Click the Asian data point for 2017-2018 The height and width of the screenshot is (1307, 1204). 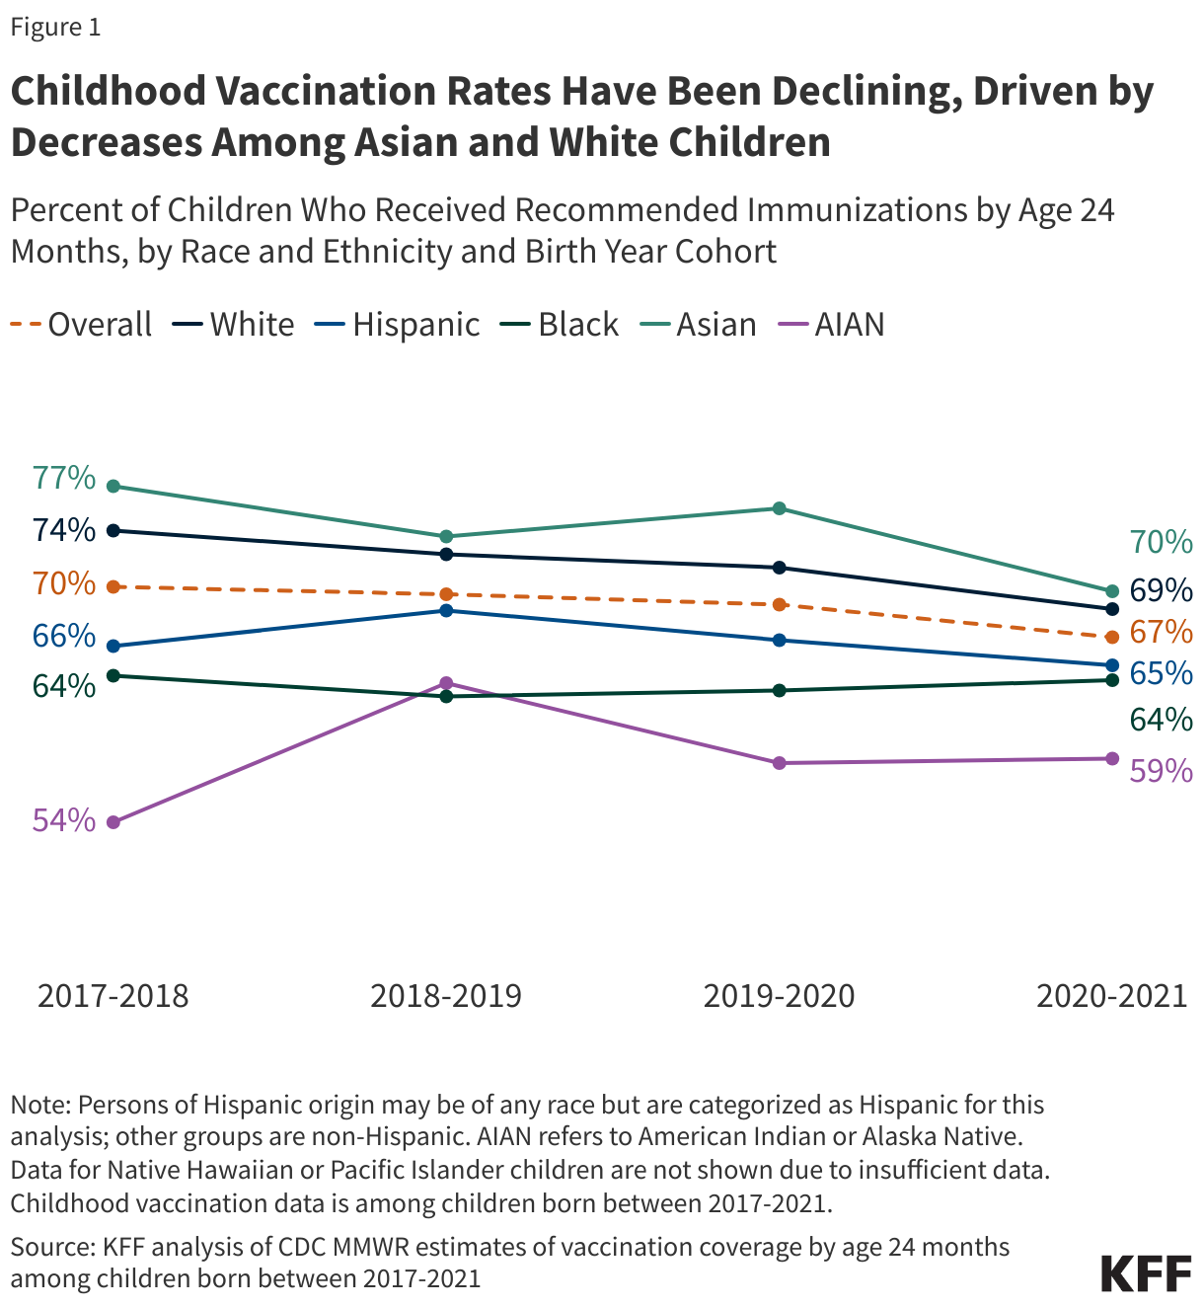pyautogui.click(x=113, y=486)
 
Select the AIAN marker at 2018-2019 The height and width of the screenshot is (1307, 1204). pyautogui.click(x=446, y=683)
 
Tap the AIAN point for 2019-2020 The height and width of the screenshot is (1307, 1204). pyautogui.click(x=779, y=763)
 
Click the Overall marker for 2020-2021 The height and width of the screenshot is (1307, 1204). pyautogui.click(x=1112, y=637)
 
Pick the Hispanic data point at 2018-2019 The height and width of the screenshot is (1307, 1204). pyautogui.click(x=446, y=610)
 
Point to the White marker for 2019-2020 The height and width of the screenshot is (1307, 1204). pyautogui.click(x=779, y=568)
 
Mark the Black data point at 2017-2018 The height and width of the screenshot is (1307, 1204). pyautogui.click(x=113, y=675)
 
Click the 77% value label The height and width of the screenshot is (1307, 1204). pyautogui.click(x=64, y=479)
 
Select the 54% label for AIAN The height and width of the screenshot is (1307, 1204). pyautogui.click(x=64, y=820)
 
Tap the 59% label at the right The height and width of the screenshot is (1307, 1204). pyautogui.click(x=1161, y=771)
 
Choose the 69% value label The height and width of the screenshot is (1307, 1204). pyautogui.click(x=1161, y=590)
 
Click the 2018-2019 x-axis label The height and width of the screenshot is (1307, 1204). pyautogui.click(x=446, y=995)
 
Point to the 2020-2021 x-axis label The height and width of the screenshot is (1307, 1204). pyautogui.click(x=1111, y=995)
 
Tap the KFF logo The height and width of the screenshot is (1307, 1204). pyautogui.click(x=1146, y=1273)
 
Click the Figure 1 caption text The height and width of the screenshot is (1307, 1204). pyautogui.click(x=55, y=27)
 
